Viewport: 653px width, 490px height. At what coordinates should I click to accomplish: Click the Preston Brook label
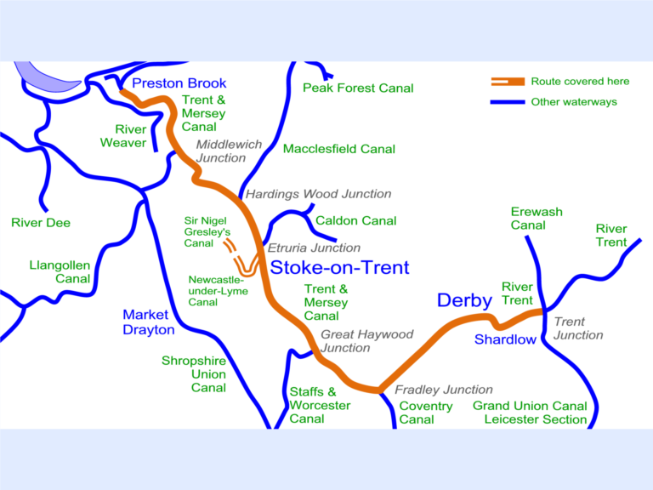179,83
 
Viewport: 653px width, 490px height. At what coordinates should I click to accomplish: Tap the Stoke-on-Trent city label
339,267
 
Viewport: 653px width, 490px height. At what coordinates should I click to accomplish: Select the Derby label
464,300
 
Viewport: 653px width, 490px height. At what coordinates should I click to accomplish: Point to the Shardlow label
505,339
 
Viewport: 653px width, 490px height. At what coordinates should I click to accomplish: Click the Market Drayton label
149,322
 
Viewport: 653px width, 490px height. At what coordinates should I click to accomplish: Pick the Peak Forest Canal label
358,88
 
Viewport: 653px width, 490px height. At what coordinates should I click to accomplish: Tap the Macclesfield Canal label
339,149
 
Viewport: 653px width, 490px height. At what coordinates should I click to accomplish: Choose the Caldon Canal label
355,220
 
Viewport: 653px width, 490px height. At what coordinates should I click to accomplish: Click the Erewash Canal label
537,219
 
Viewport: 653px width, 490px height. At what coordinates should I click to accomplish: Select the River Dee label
41,223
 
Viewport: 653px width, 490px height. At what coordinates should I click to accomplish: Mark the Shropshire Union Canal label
195,374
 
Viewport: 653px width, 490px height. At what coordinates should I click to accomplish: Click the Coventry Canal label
426,413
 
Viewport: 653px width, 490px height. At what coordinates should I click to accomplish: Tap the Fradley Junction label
444,390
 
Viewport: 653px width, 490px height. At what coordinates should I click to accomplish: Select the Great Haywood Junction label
366,341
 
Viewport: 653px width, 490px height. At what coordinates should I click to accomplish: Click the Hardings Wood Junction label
319,194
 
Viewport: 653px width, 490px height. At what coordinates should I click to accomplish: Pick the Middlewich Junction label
229,151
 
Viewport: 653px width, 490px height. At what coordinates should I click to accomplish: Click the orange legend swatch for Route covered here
508,82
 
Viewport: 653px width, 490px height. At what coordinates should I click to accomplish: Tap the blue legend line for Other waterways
508,102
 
